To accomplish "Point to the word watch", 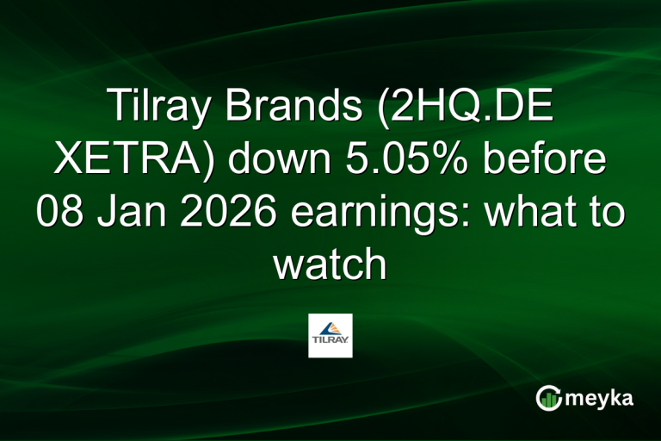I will [330, 263].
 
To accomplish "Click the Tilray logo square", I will [330, 335].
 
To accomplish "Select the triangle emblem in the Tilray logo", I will [330, 328].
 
